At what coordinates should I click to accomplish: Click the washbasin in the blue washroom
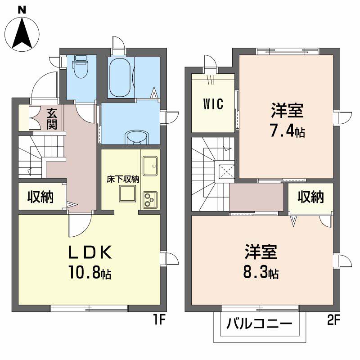pos(135,137)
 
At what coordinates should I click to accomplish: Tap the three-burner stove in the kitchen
pos(149,199)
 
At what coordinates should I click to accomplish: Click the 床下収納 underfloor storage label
pos(123,179)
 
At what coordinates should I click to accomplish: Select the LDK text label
pos(90,253)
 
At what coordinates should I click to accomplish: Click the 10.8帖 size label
pos(90,273)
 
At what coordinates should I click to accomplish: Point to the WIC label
pos(212,104)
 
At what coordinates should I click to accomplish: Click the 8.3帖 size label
pos(261,272)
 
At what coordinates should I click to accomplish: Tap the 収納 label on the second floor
pos(311,197)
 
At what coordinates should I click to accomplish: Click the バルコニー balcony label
pos(259,323)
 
